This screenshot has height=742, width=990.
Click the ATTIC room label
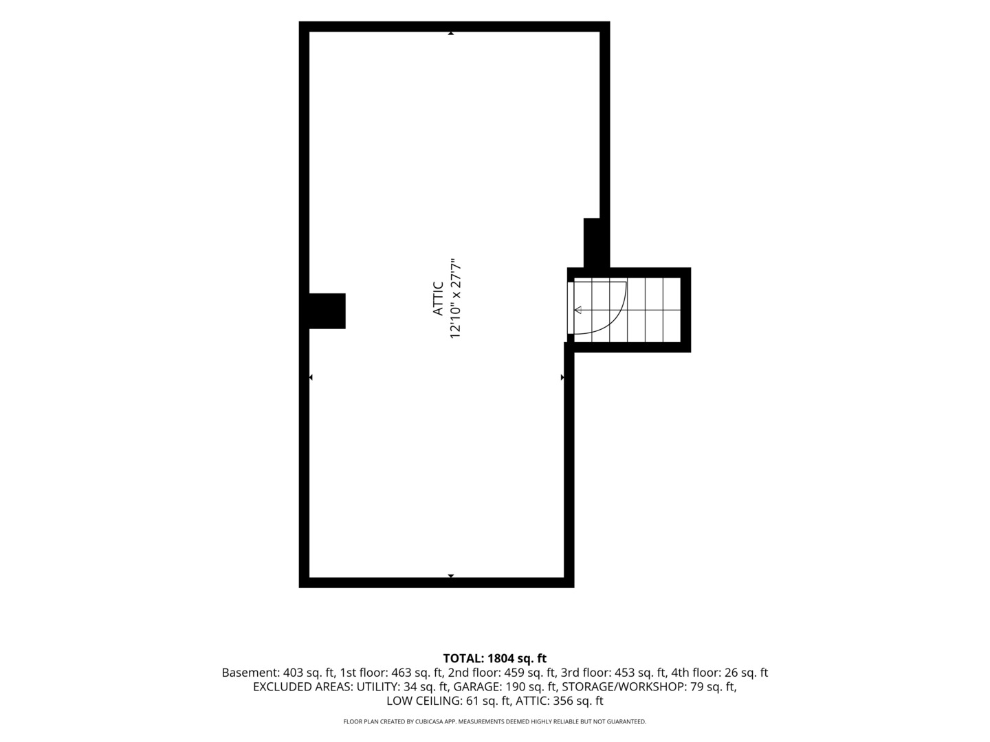(438, 298)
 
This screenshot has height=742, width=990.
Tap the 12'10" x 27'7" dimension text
(456, 298)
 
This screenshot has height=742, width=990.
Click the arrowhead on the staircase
(577, 310)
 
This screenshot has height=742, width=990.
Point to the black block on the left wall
(327, 311)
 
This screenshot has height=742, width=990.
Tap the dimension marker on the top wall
(450, 34)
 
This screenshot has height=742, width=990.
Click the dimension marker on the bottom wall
(450, 576)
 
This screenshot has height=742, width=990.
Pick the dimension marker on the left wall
(311, 377)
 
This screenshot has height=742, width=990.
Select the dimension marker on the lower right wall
(562, 377)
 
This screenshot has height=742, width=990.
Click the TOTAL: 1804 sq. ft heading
(495, 659)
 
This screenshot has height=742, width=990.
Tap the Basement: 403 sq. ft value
(278, 673)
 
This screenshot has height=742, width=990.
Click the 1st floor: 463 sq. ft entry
(391, 673)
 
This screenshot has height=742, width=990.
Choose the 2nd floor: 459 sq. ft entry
(502, 673)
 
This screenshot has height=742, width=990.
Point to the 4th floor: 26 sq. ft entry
(719, 673)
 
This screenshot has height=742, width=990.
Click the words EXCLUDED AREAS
(302, 687)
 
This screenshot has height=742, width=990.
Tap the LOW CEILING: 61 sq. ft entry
(448, 701)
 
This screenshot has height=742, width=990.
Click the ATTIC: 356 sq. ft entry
(559, 701)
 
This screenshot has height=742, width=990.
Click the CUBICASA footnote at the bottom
(495, 721)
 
